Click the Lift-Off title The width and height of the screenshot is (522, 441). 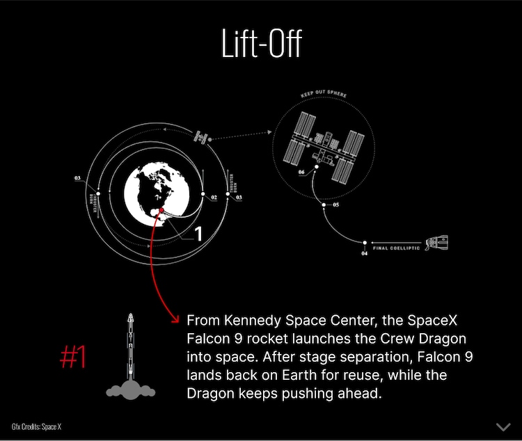(x=261, y=44)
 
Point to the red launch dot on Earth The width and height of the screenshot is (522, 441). (x=161, y=210)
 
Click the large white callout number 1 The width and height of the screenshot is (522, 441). (x=198, y=234)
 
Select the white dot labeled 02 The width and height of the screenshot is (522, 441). (x=203, y=194)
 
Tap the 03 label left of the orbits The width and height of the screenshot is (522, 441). (x=77, y=179)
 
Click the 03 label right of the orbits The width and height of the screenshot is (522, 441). (x=239, y=198)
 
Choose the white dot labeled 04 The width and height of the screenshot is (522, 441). (x=364, y=243)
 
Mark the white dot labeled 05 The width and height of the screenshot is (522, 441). (x=324, y=205)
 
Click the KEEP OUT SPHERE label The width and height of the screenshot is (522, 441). (x=324, y=93)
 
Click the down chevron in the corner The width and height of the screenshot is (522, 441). (x=503, y=426)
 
